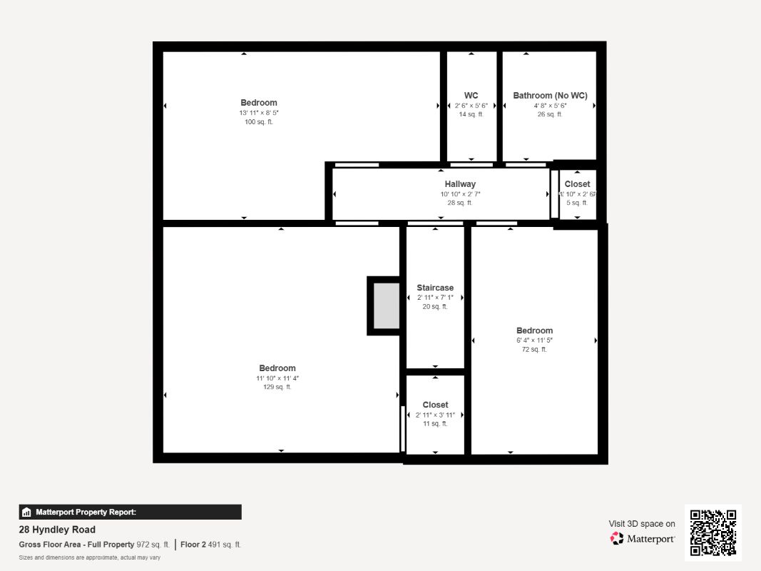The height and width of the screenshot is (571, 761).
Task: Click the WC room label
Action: coord(471,96)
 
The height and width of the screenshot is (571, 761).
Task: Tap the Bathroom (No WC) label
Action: coord(550,96)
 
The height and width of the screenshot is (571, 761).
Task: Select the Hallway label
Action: coord(460,184)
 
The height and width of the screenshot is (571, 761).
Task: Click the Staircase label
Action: coord(435,288)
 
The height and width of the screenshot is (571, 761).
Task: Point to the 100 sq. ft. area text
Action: coord(258,122)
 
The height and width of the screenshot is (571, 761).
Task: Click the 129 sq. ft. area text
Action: coord(277,387)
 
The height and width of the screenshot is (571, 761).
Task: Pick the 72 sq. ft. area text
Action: coord(534,349)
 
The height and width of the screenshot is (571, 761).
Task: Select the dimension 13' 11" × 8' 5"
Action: coord(258,113)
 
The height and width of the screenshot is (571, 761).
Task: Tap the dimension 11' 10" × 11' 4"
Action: coord(277,378)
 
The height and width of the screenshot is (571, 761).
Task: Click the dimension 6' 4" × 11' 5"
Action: coord(534,340)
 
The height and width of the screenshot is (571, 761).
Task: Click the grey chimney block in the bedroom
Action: coord(387,305)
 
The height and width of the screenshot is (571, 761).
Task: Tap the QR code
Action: coord(713,532)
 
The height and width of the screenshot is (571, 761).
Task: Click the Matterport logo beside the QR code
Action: coord(643,539)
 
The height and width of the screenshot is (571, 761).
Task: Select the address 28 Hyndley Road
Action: coord(57,530)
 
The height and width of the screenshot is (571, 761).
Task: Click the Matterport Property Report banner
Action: coord(130,512)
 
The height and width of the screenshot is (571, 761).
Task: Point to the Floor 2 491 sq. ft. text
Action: coord(210,545)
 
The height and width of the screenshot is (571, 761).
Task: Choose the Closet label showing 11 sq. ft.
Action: coord(435,405)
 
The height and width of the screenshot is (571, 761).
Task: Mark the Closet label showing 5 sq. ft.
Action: coord(577,184)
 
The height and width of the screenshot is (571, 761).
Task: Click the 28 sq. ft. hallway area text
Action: coord(460,203)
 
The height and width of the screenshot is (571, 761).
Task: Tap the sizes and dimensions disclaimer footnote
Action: coord(89,557)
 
